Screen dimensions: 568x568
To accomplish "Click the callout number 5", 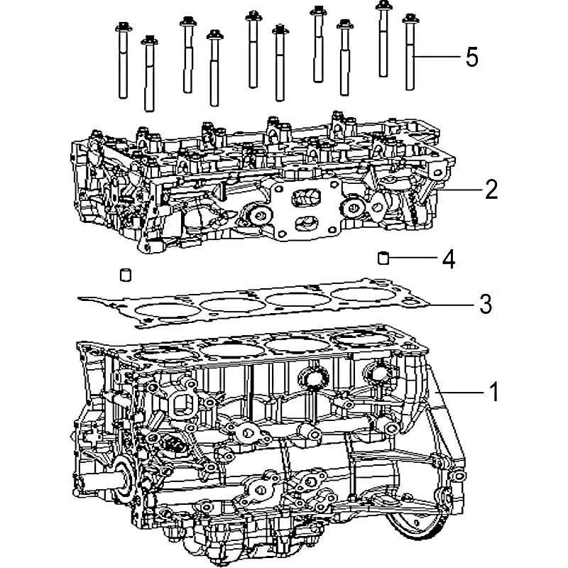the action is pyautogui.click(x=471, y=57).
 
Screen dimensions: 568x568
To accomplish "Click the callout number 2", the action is pyautogui.click(x=491, y=189).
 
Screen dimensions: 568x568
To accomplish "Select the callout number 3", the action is pyautogui.click(x=486, y=304).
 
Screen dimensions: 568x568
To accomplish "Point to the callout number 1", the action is pyautogui.click(x=493, y=391).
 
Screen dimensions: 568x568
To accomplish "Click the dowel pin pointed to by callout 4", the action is pyautogui.click(x=383, y=258).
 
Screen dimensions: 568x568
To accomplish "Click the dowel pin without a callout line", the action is pyautogui.click(x=126, y=275).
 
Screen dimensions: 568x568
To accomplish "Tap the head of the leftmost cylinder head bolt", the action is pyautogui.click(x=123, y=27).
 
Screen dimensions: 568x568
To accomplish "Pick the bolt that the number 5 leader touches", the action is pyautogui.click(x=410, y=52).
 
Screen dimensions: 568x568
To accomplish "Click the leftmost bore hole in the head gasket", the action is pyautogui.click(x=167, y=311).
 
